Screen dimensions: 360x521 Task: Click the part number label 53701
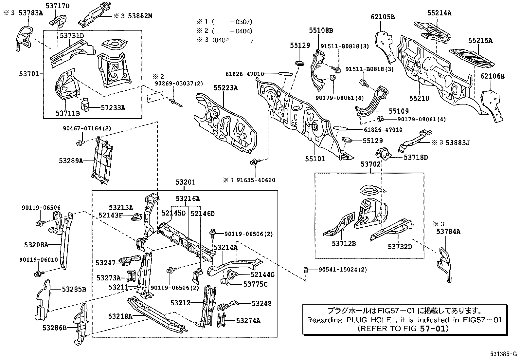pos(29,74)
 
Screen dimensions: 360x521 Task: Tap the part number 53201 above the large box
pos(185,182)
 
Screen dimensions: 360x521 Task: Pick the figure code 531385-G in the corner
pos(503,354)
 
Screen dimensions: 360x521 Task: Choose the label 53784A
pos(448,232)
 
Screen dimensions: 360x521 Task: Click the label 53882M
pos(140,16)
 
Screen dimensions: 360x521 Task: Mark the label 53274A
pos(248,320)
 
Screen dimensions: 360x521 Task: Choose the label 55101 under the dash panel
pos(315,159)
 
